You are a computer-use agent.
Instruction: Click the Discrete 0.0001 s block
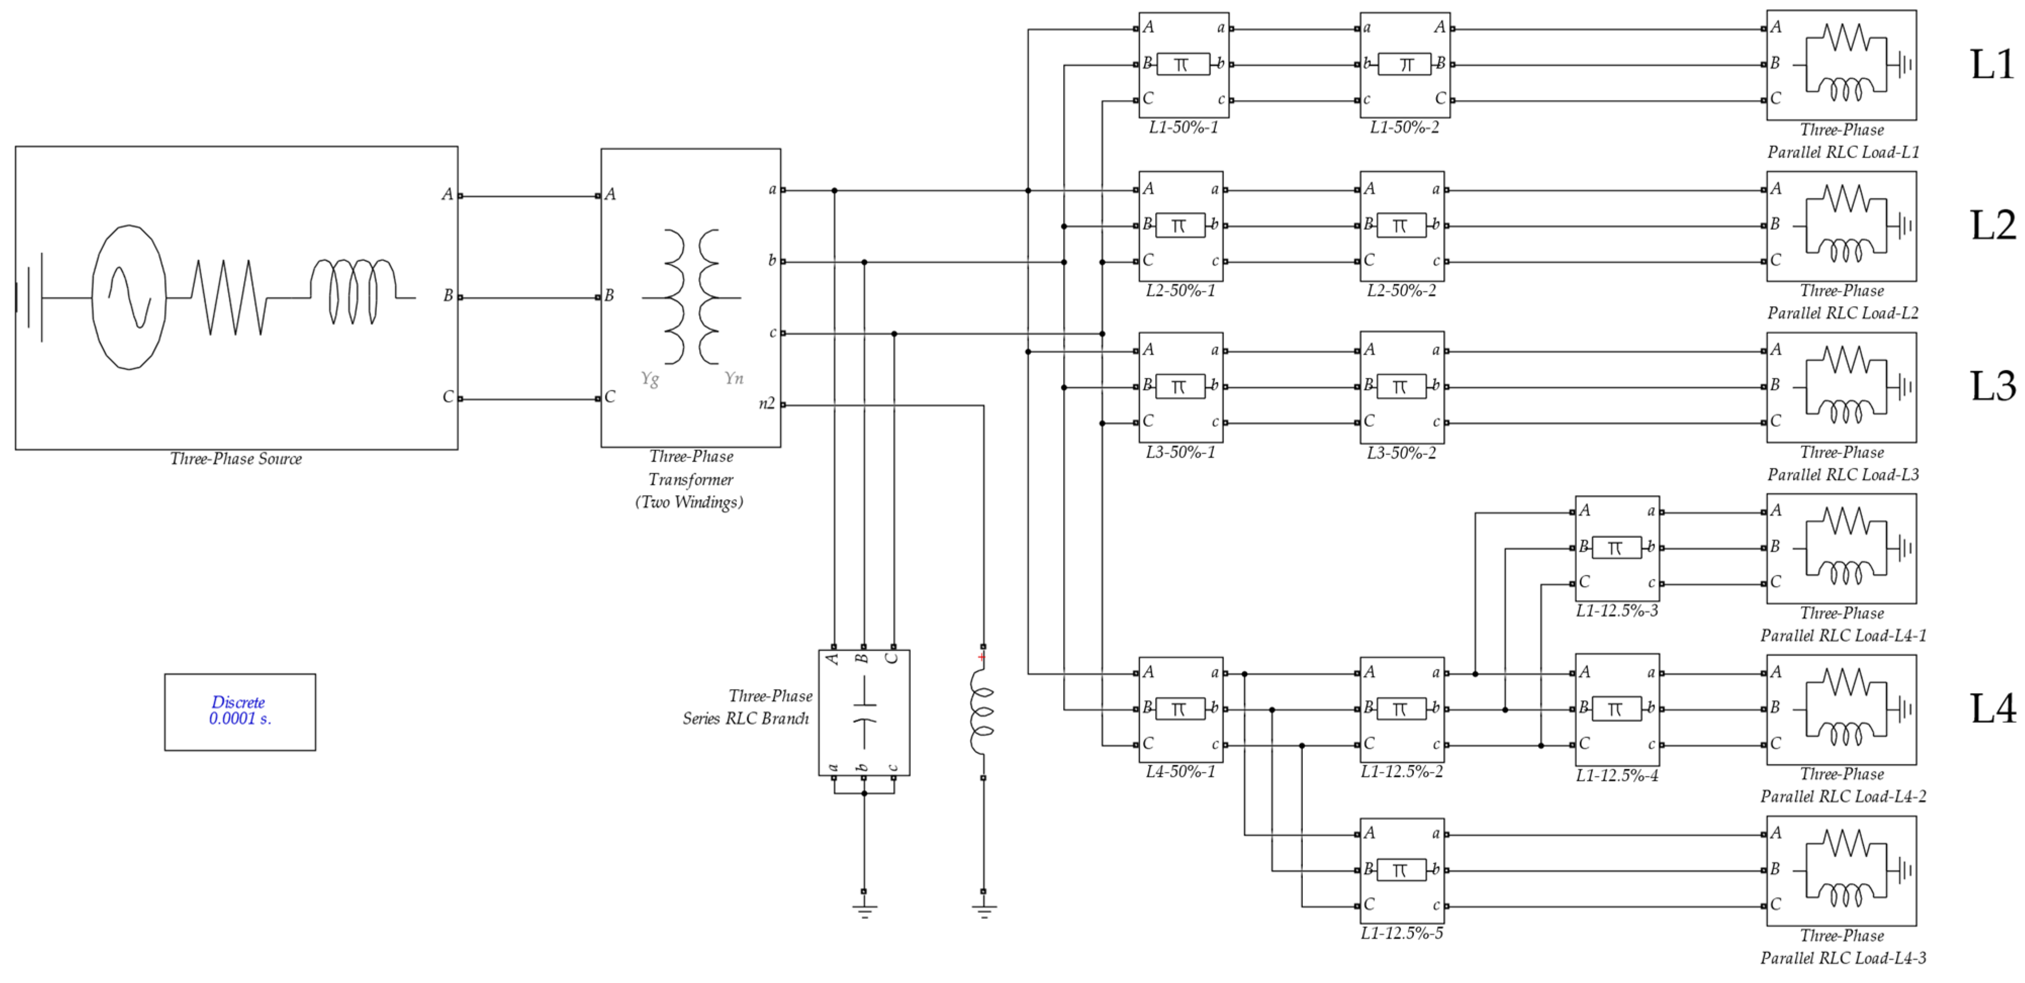[x=240, y=711]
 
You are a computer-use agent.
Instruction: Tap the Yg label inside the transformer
[x=649, y=379]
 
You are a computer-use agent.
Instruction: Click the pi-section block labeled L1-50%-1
[x=1183, y=65]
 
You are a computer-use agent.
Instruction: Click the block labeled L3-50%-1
[x=1181, y=386]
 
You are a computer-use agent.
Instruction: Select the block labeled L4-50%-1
[x=1181, y=709]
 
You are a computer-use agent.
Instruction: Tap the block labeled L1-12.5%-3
[x=1617, y=548]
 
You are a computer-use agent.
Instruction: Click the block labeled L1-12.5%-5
[x=1401, y=870]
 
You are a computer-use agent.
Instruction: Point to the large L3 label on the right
[x=1992, y=386]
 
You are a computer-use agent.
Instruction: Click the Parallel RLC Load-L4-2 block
[x=1841, y=709]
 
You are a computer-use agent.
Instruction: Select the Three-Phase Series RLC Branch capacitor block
[x=864, y=712]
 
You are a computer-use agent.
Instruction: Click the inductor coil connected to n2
[x=982, y=712]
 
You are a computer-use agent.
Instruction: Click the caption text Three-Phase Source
[x=236, y=459]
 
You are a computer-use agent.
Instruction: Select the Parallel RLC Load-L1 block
[x=1841, y=65]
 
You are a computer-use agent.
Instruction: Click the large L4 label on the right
[x=1992, y=709]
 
